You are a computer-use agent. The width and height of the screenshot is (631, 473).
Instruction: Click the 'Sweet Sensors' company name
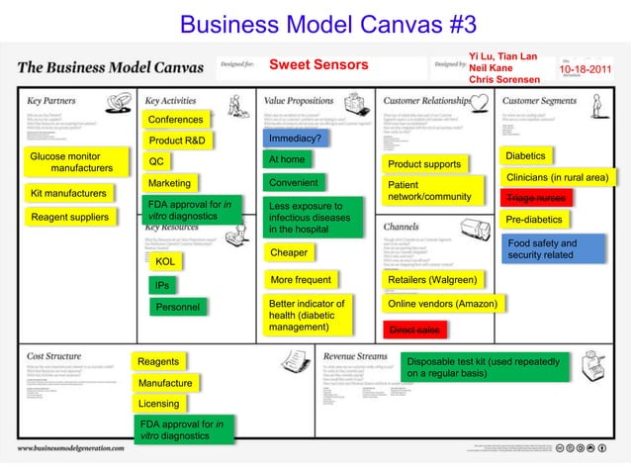[x=318, y=65]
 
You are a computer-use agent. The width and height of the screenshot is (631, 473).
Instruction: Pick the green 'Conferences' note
[x=175, y=121]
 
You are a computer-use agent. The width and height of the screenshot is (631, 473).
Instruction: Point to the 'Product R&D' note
[x=177, y=141]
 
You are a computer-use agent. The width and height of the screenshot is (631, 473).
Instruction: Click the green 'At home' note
[x=287, y=159]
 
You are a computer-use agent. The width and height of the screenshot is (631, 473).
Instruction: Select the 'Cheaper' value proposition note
[x=288, y=253]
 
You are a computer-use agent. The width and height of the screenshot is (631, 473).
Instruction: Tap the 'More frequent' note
[x=300, y=280]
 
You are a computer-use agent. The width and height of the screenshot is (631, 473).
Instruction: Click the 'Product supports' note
[x=424, y=163]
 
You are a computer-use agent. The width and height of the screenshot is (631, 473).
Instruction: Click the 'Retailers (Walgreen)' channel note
[x=432, y=280]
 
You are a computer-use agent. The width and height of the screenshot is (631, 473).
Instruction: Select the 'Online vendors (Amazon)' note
[x=441, y=305]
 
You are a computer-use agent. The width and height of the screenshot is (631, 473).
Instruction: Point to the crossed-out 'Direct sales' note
[x=414, y=330]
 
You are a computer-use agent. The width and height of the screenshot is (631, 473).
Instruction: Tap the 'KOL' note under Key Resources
[x=165, y=262]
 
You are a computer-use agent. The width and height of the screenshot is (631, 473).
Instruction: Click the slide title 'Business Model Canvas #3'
[x=315, y=22]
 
